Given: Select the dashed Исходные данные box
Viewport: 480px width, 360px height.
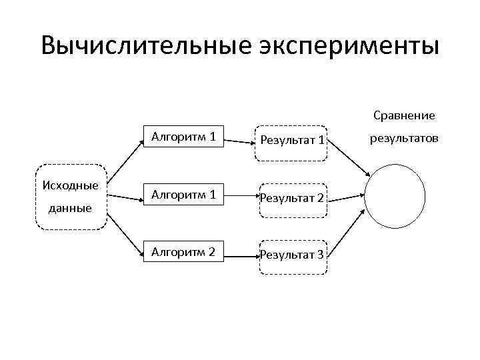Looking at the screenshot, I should [x=70, y=197].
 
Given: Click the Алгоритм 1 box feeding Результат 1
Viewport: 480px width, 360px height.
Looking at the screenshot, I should [x=183, y=138].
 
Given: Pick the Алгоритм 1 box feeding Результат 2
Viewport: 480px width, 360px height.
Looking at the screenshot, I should [x=183, y=195].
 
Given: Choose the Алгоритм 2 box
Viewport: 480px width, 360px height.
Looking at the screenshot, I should [x=183, y=252].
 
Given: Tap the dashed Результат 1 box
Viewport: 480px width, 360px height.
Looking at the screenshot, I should [x=292, y=141].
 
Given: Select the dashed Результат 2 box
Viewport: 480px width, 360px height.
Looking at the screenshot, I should [x=292, y=197].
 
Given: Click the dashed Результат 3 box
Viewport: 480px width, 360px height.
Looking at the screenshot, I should [x=292, y=254].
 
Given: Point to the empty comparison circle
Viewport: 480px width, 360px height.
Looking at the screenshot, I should [x=395, y=197].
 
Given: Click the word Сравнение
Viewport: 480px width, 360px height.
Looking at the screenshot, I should [x=404, y=115].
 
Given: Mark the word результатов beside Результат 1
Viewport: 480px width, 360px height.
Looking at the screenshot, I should [x=404, y=139].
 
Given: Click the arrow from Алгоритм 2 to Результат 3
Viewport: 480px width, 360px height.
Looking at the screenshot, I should [x=240, y=254].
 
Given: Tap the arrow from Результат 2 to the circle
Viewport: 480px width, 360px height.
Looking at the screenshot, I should [x=345, y=197].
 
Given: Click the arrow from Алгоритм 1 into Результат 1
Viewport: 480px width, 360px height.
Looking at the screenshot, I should [x=240, y=140].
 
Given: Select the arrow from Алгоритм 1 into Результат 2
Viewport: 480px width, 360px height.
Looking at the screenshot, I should [x=240, y=197].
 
